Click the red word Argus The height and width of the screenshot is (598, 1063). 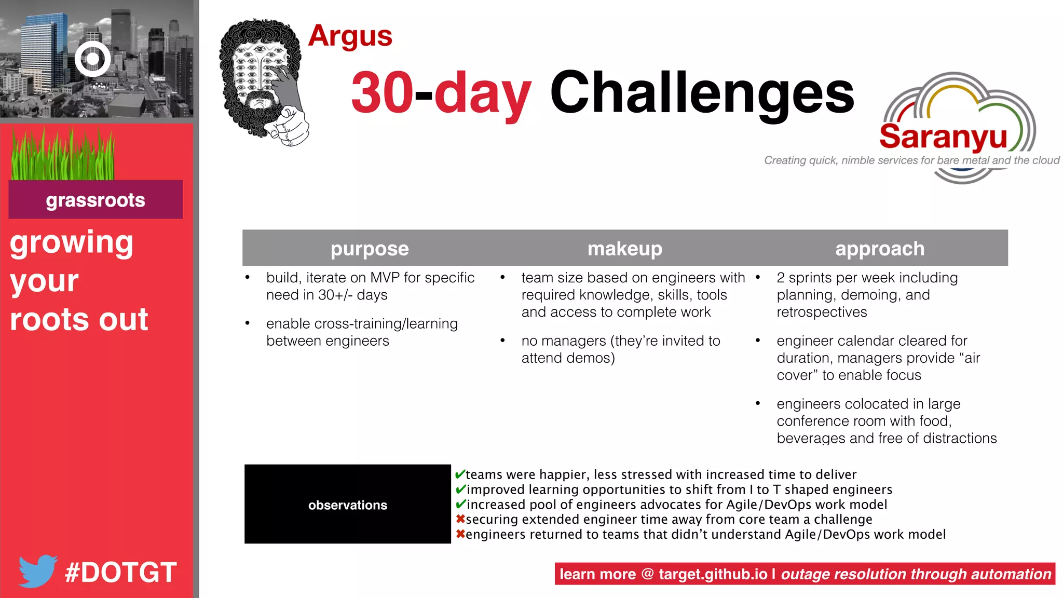tap(350, 36)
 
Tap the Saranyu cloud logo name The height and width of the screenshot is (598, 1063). tap(943, 137)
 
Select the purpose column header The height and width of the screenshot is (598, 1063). tap(370, 249)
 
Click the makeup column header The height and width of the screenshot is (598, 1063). tap(625, 249)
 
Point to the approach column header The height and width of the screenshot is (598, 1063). tap(880, 249)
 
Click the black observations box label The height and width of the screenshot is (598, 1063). tap(347, 505)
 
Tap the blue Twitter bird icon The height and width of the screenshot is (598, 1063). tap(37, 570)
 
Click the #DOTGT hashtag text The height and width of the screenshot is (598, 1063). tap(121, 573)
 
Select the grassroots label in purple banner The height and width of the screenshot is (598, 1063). tap(96, 200)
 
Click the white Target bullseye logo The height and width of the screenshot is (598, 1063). tap(93, 59)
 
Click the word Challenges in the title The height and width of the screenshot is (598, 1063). tap(702, 93)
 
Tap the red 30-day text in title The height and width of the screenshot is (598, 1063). tap(441, 93)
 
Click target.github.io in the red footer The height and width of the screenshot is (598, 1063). tap(713, 574)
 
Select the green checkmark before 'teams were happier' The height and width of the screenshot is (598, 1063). tap(460, 474)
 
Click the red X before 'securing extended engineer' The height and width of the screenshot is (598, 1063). tap(460, 519)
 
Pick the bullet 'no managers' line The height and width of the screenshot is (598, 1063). tap(620, 341)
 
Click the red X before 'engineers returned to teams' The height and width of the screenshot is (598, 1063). tap(460, 534)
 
